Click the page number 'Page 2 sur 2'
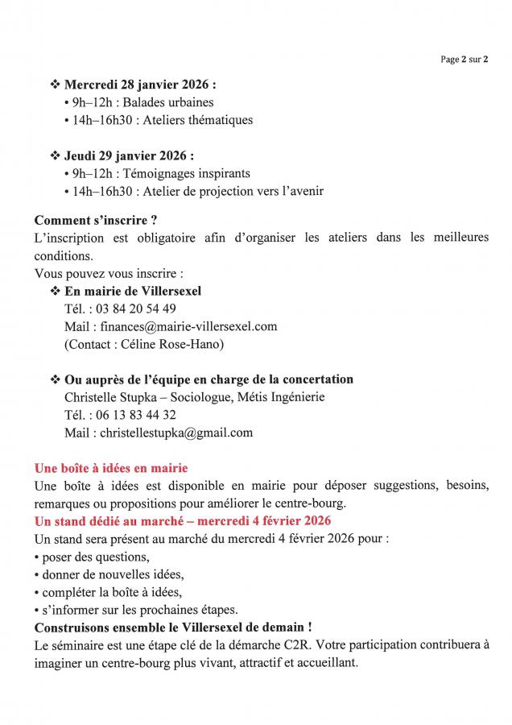[x=465, y=59]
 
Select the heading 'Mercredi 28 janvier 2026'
[x=138, y=85]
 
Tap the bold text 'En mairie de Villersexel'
[x=133, y=291]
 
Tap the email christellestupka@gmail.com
[x=176, y=433]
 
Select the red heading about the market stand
[x=183, y=521]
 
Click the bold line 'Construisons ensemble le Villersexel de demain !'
[x=173, y=628]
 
